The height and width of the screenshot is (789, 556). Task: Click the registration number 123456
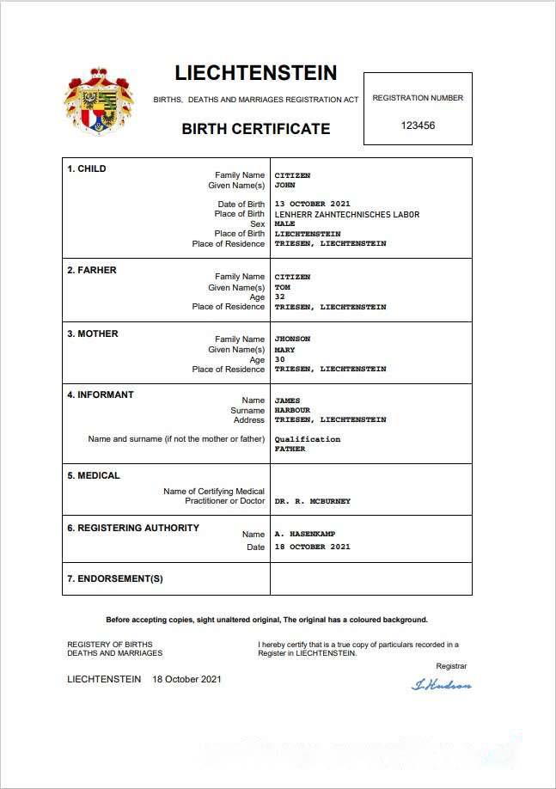pos(419,125)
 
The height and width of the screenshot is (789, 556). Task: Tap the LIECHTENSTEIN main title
pos(256,73)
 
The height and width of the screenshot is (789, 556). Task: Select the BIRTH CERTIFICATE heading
pos(256,129)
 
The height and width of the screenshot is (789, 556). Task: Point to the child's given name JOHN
pos(284,185)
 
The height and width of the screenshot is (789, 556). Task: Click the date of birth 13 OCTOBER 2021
pos(313,205)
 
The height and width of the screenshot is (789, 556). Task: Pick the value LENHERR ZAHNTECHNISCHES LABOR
pos(347,214)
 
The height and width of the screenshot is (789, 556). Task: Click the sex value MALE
pos(284,223)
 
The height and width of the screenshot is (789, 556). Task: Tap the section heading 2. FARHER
pos(92,270)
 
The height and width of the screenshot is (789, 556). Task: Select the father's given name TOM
pos(282,287)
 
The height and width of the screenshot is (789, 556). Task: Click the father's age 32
pos(279,297)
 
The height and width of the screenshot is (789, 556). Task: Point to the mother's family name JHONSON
pos(292,339)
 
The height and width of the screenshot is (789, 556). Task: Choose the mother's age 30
pos(279,359)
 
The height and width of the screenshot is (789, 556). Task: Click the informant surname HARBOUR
pos(292,410)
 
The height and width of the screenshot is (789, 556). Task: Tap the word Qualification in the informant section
pos(308,439)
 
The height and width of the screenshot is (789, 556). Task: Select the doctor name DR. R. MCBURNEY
pos(313,501)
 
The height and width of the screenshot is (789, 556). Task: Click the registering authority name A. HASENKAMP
pos(305,535)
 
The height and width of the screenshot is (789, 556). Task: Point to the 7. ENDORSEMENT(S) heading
pos(115,578)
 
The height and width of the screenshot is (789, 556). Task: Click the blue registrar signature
pos(442,685)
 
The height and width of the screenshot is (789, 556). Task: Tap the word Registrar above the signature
pos(451,666)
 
